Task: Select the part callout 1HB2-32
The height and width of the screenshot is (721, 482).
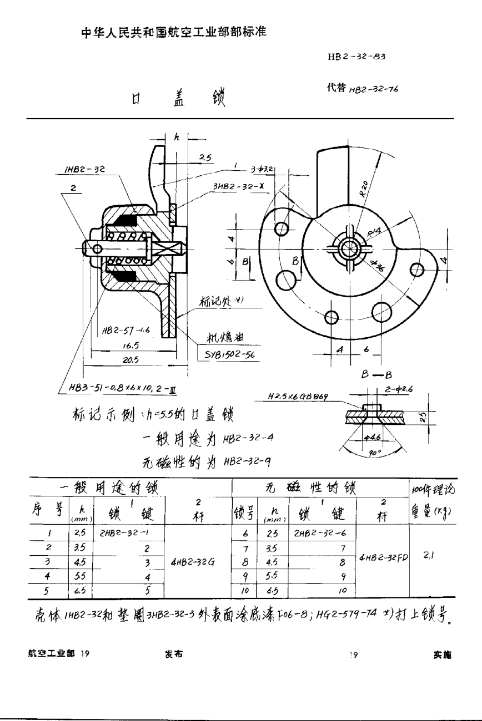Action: pyautogui.click(x=76, y=171)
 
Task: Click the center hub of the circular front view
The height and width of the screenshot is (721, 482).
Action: pyautogui.click(x=350, y=250)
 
